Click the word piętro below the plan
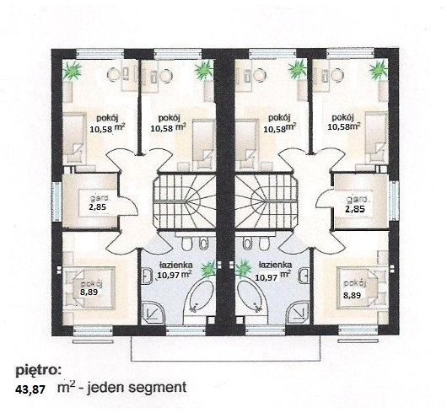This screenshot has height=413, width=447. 38,371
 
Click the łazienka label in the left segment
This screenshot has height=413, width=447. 175,265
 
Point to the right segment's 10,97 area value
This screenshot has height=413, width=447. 267,276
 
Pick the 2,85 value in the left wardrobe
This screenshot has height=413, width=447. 98,206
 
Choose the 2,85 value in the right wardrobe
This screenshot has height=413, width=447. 355,209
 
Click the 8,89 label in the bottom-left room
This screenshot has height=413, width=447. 89,292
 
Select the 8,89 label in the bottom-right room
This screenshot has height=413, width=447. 352,295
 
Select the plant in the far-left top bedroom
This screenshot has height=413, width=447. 72,71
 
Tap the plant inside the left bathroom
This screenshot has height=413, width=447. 208,269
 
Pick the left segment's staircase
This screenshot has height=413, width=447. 185,201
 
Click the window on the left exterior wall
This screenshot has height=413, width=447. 57,201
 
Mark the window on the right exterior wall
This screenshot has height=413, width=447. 394,201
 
